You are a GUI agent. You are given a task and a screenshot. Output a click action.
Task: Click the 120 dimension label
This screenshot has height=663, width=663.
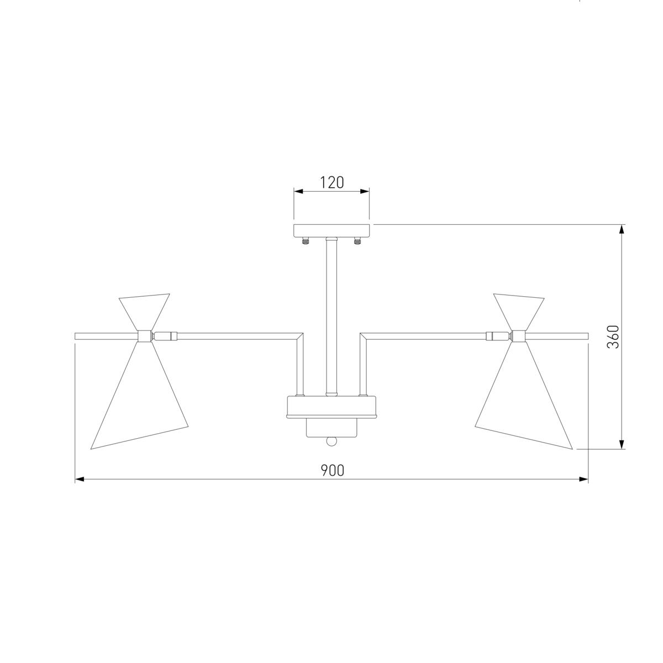pyautogui.click(x=331, y=183)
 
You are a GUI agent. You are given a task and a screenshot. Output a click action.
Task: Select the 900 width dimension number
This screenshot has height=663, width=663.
pyautogui.click(x=333, y=470)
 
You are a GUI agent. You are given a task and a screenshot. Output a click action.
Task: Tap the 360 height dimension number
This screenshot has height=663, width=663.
pyautogui.click(x=613, y=337)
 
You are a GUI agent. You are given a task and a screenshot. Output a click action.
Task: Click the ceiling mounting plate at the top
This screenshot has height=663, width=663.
pyautogui.click(x=331, y=230)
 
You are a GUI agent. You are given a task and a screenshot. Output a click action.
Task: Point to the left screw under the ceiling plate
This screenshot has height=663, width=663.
pyautogui.click(x=304, y=240)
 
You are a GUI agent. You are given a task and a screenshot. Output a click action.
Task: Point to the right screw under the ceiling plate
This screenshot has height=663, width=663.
pyautogui.click(x=357, y=240)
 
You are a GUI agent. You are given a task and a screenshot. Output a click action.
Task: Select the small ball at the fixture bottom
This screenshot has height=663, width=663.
pyautogui.click(x=331, y=441)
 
